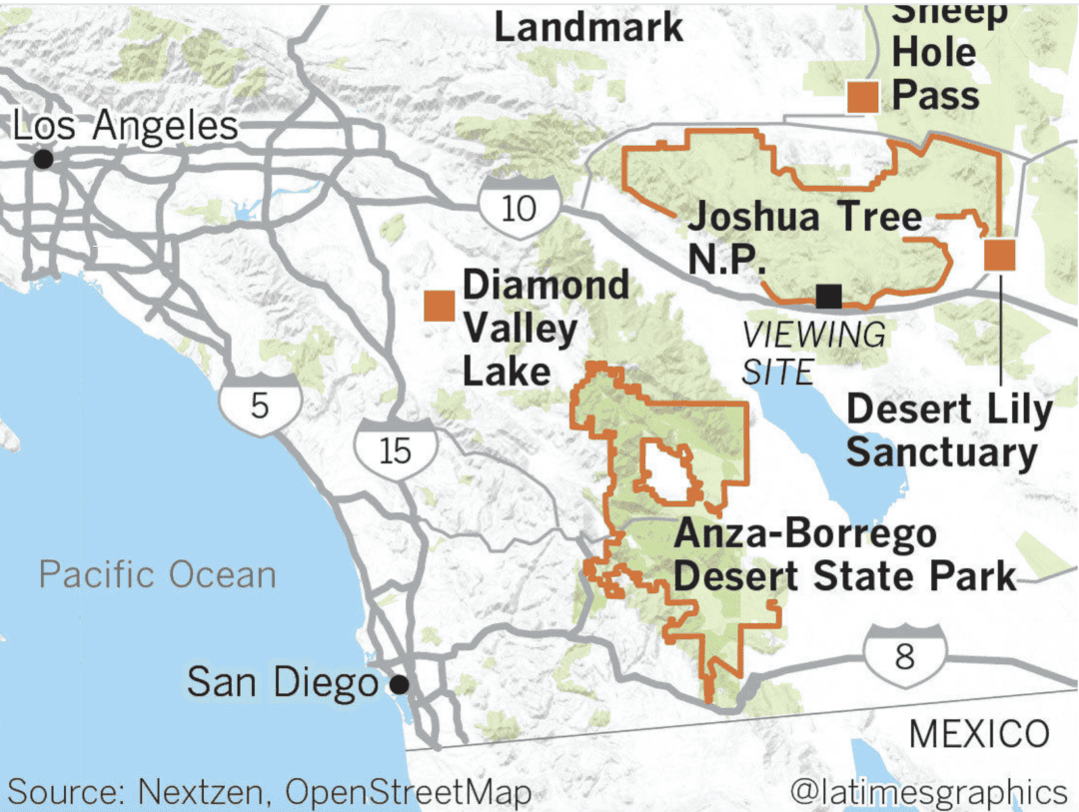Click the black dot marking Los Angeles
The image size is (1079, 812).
43,159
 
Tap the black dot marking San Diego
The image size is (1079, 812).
400,684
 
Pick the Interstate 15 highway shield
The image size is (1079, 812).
396,450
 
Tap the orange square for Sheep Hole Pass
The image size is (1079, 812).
862,97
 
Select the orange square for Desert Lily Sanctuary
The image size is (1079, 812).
999,255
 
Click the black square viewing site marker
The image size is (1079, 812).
828,296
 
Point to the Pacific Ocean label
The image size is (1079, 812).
158,575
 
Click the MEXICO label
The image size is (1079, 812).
979,734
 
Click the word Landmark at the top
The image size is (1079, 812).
589,27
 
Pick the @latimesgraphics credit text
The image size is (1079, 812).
928,792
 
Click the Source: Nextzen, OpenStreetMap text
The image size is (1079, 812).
269,793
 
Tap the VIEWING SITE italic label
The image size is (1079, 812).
811,353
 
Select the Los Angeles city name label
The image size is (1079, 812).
126,127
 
